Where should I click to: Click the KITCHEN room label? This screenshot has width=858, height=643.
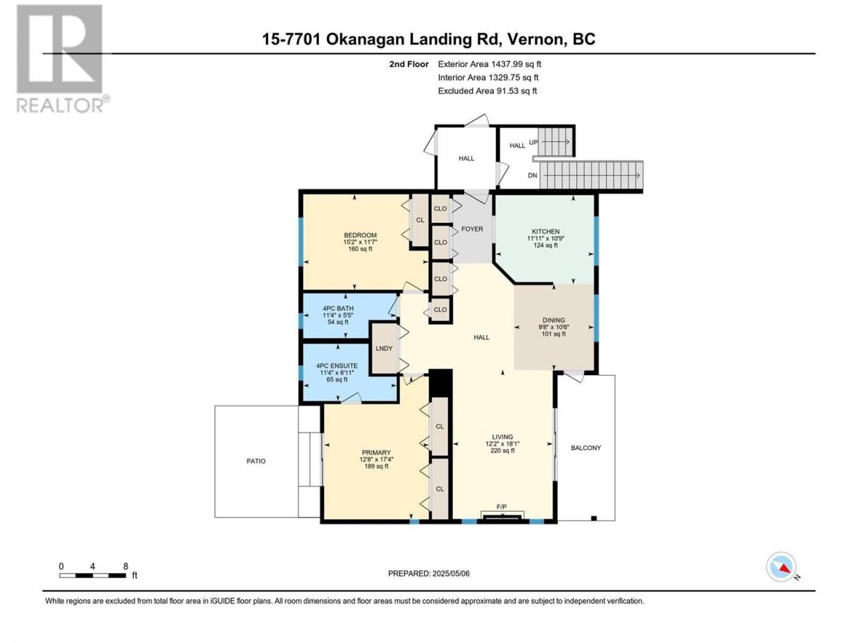pyautogui.click(x=545, y=232)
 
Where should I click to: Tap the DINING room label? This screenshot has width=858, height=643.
pyautogui.click(x=554, y=320)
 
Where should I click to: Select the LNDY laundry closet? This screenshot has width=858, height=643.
pyautogui.click(x=384, y=348)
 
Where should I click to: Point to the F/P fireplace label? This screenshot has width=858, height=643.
pyautogui.click(x=501, y=507)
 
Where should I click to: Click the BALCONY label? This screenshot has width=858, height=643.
pyautogui.click(x=586, y=448)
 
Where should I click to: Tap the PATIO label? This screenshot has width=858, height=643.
pyautogui.click(x=256, y=461)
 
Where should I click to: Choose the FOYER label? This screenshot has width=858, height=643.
pyautogui.click(x=472, y=229)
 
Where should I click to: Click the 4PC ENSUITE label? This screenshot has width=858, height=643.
pyautogui.click(x=337, y=366)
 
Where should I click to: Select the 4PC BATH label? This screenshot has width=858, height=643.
pyautogui.click(x=338, y=308)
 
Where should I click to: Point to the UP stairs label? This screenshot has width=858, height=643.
pyautogui.click(x=533, y=143)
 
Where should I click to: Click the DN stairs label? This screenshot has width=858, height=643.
pyautogui.click(x=532, y=175)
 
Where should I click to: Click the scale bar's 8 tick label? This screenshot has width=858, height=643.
pyautogui.click(x=125, y=567)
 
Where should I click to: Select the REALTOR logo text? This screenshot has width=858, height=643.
pyautogui.click(x=60, y=106)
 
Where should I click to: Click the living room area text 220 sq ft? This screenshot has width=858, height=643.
pyautogui.click(x=502, y=451)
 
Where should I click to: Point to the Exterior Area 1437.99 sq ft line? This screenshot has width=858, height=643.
pyautogui.click(x=489, y=64)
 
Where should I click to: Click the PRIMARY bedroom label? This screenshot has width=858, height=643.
pyautogui.click(x=375, y=453)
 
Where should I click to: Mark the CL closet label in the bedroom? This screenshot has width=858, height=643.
pyautogui.click(x=420, y=220)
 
